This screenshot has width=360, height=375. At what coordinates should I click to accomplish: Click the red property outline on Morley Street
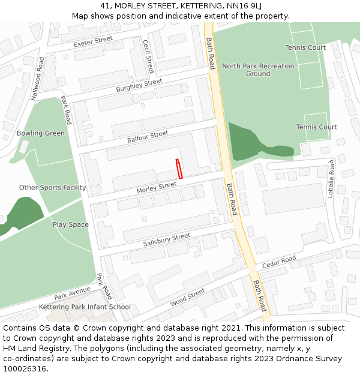tap(179, 169)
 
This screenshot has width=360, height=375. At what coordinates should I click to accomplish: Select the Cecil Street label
tap(148, 56)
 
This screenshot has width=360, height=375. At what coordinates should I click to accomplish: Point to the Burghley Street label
tap(139, 85)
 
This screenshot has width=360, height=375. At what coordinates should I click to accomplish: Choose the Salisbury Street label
tap(166, 240)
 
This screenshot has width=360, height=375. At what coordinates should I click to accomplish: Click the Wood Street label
tap(187, 297)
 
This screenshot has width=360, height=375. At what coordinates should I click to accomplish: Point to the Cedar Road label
tap(279, 262)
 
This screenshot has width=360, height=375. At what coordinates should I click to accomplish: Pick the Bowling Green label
tap(41, 133)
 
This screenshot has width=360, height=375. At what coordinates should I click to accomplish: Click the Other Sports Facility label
tap(53, 188)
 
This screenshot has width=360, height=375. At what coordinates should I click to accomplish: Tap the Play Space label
tap(70, 225)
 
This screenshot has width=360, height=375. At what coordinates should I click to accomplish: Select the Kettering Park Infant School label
tap(85, 307)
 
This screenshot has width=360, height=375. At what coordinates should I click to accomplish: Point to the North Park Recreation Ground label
tap(258, 70)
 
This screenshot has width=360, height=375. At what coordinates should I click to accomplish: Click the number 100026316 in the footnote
tap(25, 369)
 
